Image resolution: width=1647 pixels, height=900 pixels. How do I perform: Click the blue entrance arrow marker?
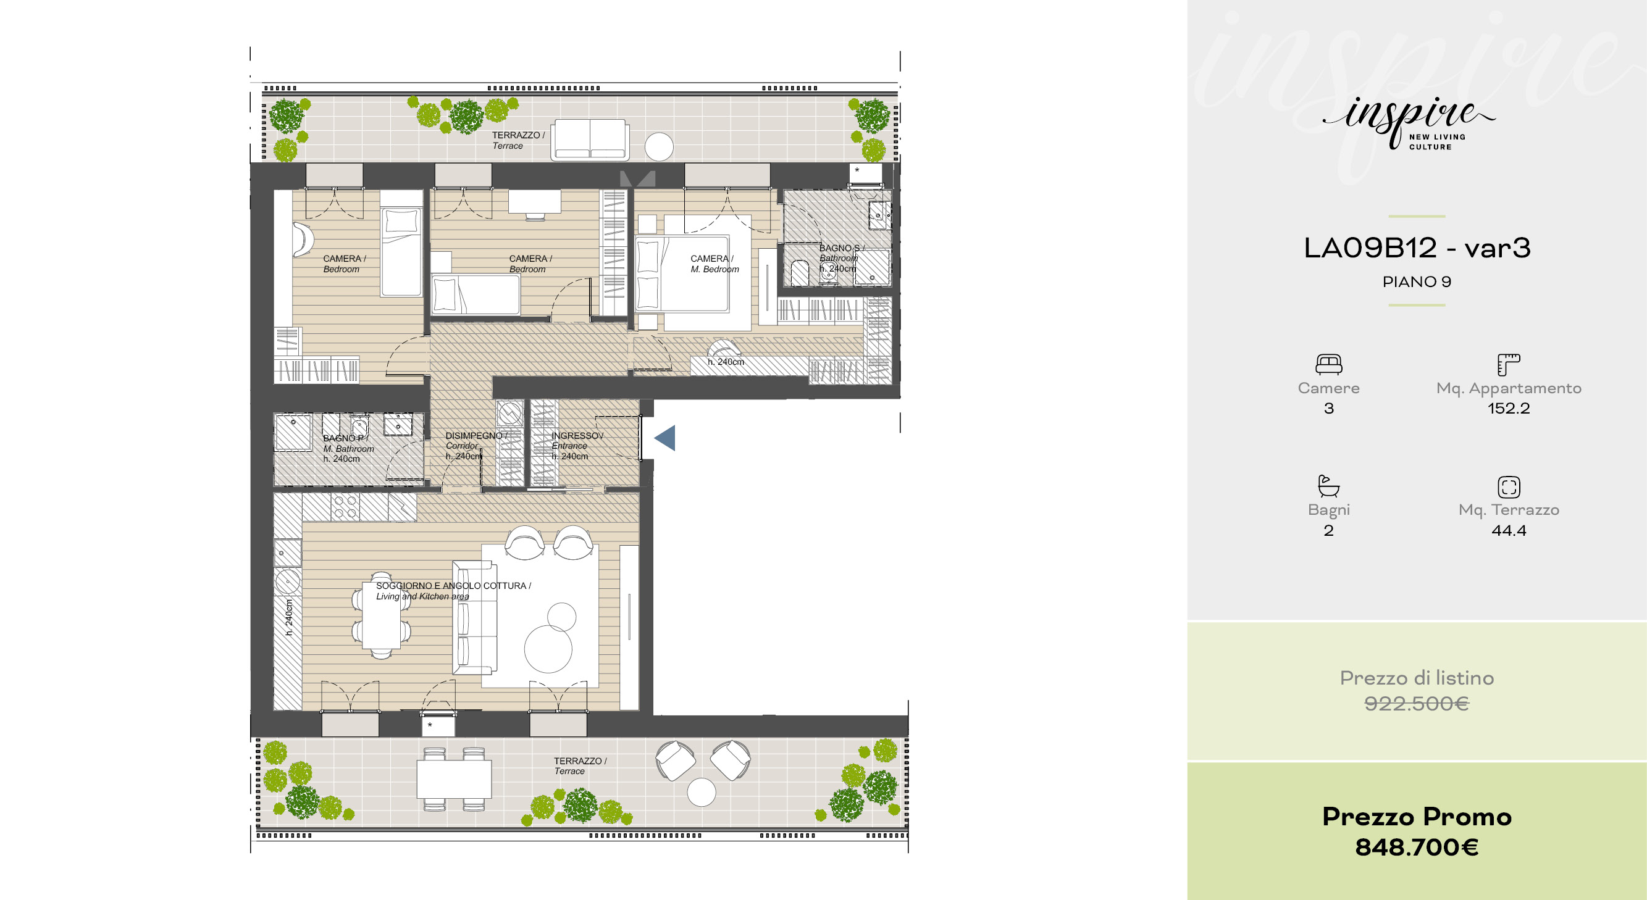click(x=665, y=438)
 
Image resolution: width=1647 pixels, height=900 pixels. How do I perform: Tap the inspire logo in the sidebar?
click(x=1409, y=123)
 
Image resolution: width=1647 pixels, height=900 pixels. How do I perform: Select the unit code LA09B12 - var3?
click(x=1417, y=248)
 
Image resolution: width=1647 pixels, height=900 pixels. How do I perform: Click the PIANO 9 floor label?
click(x=1417, y=282)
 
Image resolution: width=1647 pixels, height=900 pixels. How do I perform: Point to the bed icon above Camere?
click(x=1328, y=364)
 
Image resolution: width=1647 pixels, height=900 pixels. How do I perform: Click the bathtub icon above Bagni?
click(x=1328, y=486)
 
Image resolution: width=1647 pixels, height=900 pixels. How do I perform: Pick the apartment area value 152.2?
click(x=1509, y=409)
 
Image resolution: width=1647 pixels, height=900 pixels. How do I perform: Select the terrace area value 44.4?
click(x=1509, y=530)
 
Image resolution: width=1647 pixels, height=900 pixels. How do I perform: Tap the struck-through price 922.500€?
click(x=1417, y=704)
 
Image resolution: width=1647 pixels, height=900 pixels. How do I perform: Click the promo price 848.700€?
click(x=1417, y=848)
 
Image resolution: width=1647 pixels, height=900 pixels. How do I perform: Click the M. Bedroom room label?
click(x=715, y=269)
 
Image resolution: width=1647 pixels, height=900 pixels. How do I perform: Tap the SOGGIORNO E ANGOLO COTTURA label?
click(x=453, y=586)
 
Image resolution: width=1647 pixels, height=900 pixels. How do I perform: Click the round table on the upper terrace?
click(x=658, y=147)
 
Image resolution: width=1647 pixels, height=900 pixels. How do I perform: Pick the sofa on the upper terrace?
click(x=590, y=140)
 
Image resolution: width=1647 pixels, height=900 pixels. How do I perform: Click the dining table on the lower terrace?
click(x=454, y=778)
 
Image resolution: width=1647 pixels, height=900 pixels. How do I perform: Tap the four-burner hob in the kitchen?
click(x=345, y=507)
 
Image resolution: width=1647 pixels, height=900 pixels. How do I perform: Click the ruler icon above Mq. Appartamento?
click(x=1509, y=364)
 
